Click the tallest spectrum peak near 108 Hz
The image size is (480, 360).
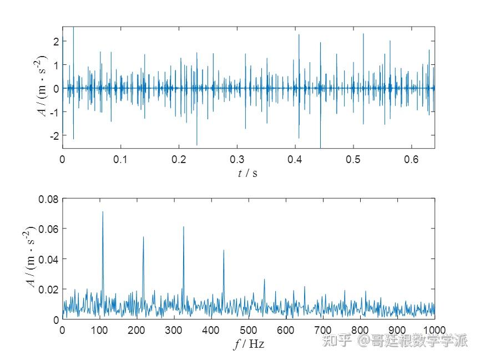102,212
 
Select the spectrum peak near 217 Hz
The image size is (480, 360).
143,237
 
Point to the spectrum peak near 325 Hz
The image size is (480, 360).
183,227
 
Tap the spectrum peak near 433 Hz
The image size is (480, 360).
224,251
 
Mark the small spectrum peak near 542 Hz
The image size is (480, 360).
264,280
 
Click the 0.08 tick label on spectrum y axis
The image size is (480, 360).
48,199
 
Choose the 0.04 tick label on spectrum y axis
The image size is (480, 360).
48,259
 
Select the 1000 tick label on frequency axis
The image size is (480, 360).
434,329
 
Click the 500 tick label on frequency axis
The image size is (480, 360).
248,329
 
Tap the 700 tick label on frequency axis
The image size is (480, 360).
323,329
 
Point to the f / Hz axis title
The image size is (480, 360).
249,344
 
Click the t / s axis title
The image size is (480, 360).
248,173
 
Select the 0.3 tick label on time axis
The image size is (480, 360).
237,159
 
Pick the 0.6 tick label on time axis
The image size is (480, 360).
411,159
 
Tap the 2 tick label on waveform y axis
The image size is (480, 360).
55,40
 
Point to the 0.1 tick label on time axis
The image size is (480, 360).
120,159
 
